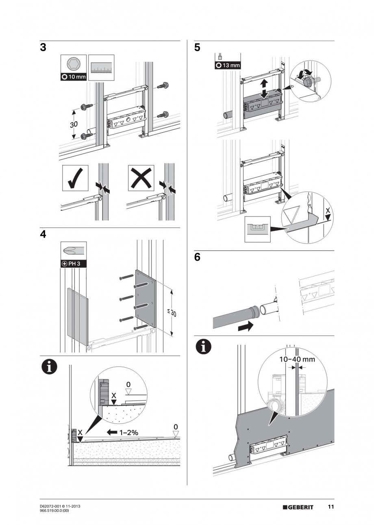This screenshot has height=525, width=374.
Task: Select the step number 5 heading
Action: click(x=197, y=48)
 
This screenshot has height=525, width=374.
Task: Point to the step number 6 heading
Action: click(x=197, y=258)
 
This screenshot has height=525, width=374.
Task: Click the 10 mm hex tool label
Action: click(x=74, y=77)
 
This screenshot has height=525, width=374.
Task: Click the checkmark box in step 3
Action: click(x=75, y=178)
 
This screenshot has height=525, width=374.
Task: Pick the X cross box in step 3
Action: click(x=141, y=178)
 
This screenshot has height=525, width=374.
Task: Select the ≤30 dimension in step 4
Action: click(x=172, y=313)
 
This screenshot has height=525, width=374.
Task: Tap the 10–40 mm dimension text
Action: click(x=297, y=359)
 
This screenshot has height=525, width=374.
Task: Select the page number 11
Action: click(x=331, y=507)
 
